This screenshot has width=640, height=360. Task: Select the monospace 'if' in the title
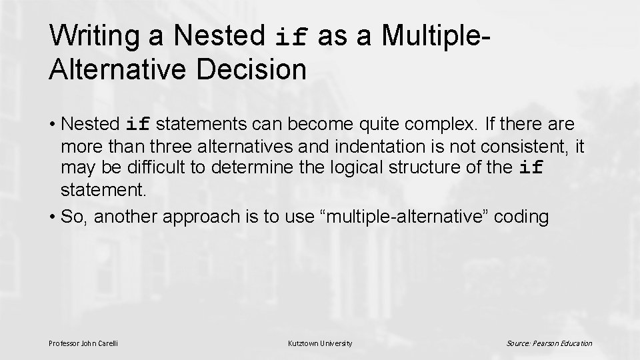(292, 37)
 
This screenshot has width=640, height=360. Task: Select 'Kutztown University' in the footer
(320, 343)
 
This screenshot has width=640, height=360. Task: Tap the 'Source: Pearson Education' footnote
(549, 343)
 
